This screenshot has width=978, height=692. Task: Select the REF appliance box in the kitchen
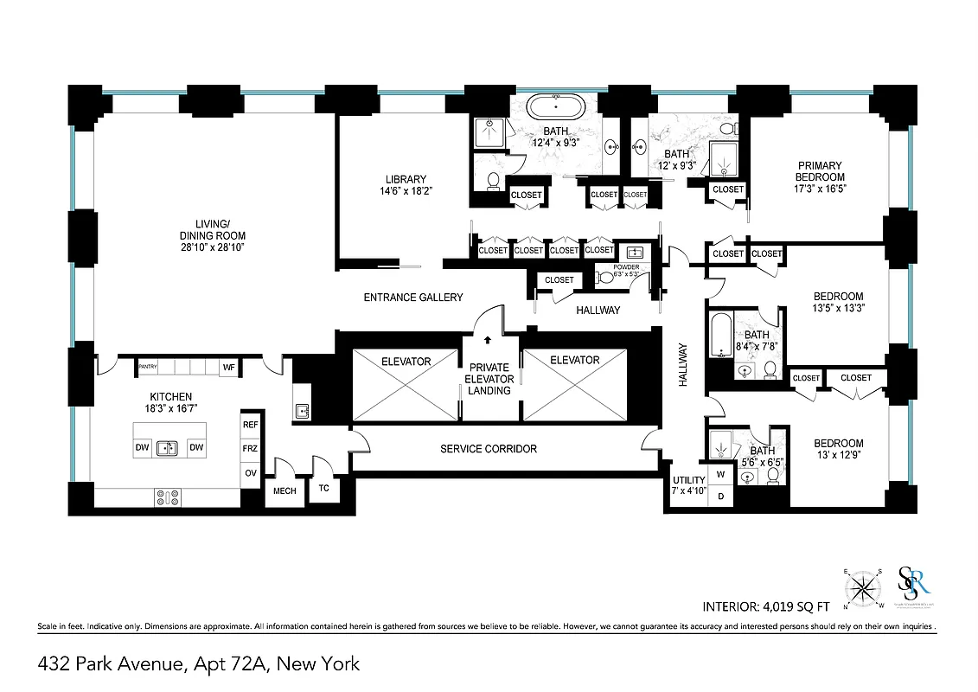[x=251, y=425]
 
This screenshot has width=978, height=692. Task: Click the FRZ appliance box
[x=251, y=449]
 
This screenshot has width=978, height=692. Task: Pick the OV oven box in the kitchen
[x=251, y=473]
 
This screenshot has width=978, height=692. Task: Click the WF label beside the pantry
[x=229, y=368]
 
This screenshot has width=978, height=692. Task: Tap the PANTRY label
[x=148, y=368]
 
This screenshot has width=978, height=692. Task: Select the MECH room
[x=284, y=490]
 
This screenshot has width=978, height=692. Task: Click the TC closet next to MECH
[x=324, y=488]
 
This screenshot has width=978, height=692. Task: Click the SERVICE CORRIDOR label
[x=489, y=449]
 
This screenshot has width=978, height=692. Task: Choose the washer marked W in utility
[x=721, y=476]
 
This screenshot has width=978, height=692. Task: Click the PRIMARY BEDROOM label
[x=820, y=176]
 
